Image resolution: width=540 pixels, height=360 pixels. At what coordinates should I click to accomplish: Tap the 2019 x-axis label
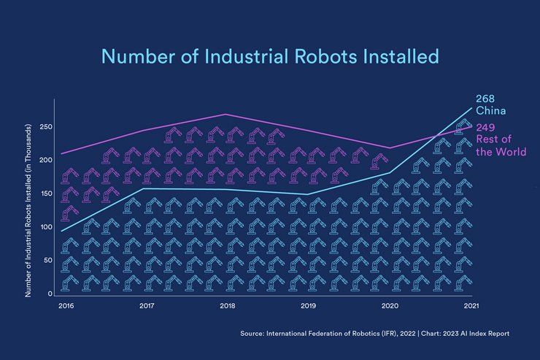point(308,305)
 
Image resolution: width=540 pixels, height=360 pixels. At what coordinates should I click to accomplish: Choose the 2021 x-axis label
point(471,305)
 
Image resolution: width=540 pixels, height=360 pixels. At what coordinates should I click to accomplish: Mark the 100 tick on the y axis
point(45,227)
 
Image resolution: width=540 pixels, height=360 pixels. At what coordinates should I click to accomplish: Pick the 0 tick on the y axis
point(50,294)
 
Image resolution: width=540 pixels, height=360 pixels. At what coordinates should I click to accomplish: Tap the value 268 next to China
point(486,99)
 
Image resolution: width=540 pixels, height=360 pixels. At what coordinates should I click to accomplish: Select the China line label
point(490,111)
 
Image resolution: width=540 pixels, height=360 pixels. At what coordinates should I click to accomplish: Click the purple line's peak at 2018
point(226,114)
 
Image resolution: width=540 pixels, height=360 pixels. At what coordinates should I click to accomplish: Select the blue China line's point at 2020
point(390,173)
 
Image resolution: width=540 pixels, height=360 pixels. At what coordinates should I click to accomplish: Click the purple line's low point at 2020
point(390,148)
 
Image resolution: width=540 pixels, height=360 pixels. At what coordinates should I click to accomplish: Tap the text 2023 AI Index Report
point(477,334)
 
